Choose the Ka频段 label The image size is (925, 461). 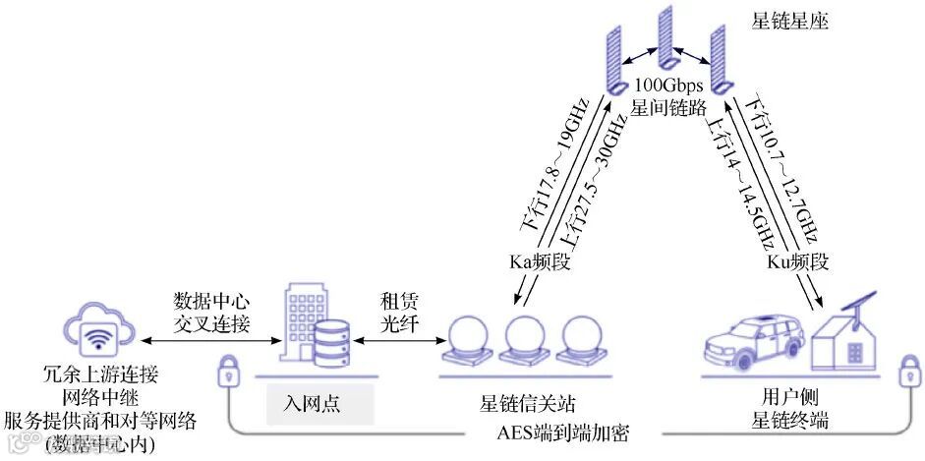[x=537, y=262]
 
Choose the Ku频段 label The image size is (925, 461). [x=797, y=262]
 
